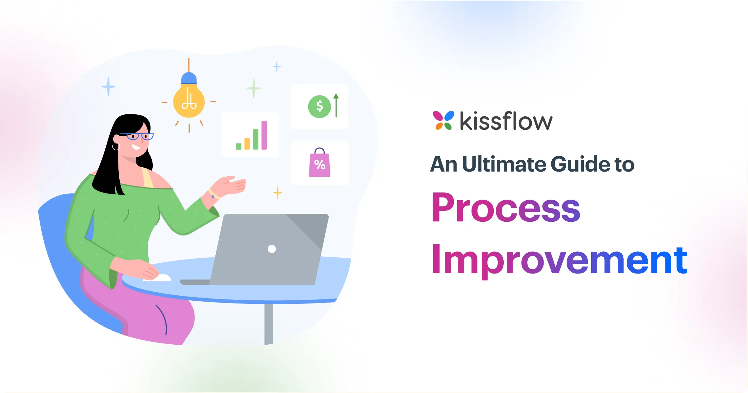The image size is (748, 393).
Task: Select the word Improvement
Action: (559, 260)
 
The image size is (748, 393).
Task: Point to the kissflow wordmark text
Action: (506, 121)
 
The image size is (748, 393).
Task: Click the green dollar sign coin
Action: (319, 106)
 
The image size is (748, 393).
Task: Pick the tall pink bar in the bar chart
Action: (264, 135)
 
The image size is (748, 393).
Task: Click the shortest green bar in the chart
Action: (239, 146)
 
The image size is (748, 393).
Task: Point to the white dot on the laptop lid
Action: (272, 249)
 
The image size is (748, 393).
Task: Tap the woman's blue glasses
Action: (137, 136)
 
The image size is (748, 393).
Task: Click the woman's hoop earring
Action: (116, 147)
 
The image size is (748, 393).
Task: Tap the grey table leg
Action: (268, 324)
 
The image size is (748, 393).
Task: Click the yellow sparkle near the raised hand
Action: (277, 193)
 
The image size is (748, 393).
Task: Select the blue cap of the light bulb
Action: (189, 78)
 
